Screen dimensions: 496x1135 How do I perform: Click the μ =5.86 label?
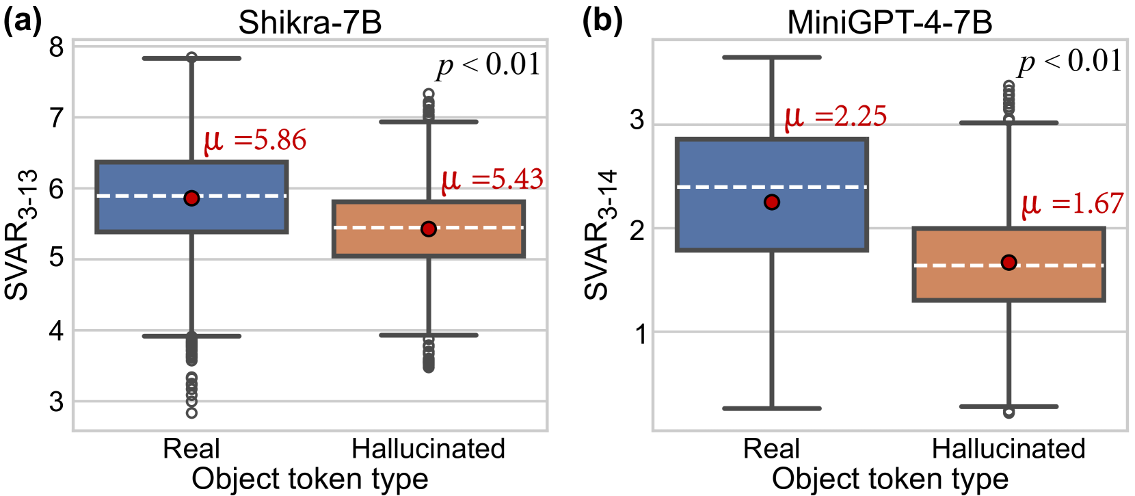[x=255, y=140]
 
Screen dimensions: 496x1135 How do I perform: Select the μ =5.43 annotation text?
[x=492, y=179]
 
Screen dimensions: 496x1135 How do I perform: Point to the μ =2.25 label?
[x=836, y=116]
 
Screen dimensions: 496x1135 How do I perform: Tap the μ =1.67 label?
[x=1072, y=203]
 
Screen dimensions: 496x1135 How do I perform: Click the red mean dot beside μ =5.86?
[x=191, y=198]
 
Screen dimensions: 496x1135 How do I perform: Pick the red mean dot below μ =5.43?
[x=429, y=229]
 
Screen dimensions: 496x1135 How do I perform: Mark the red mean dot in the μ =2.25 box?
[x=772, y=202]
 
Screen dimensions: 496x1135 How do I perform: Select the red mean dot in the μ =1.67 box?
[x=1009, y=262]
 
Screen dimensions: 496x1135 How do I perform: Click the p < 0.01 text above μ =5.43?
[x=489, y=65]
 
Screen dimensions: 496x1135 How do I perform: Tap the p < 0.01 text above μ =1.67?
[x=1070, y=62]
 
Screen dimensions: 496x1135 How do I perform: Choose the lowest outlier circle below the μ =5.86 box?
[x=191, y=413]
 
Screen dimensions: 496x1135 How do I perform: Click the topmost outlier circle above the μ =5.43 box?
[x=429, y=94]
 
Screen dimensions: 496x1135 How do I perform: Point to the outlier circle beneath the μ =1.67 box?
[x=1009, y=412]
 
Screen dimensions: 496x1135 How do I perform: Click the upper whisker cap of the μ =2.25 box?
[x=772, y=57]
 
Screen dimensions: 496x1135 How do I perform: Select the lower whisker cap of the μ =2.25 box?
[x=772, y=408]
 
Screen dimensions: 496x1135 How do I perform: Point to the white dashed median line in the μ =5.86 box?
[x=137, y=196]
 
